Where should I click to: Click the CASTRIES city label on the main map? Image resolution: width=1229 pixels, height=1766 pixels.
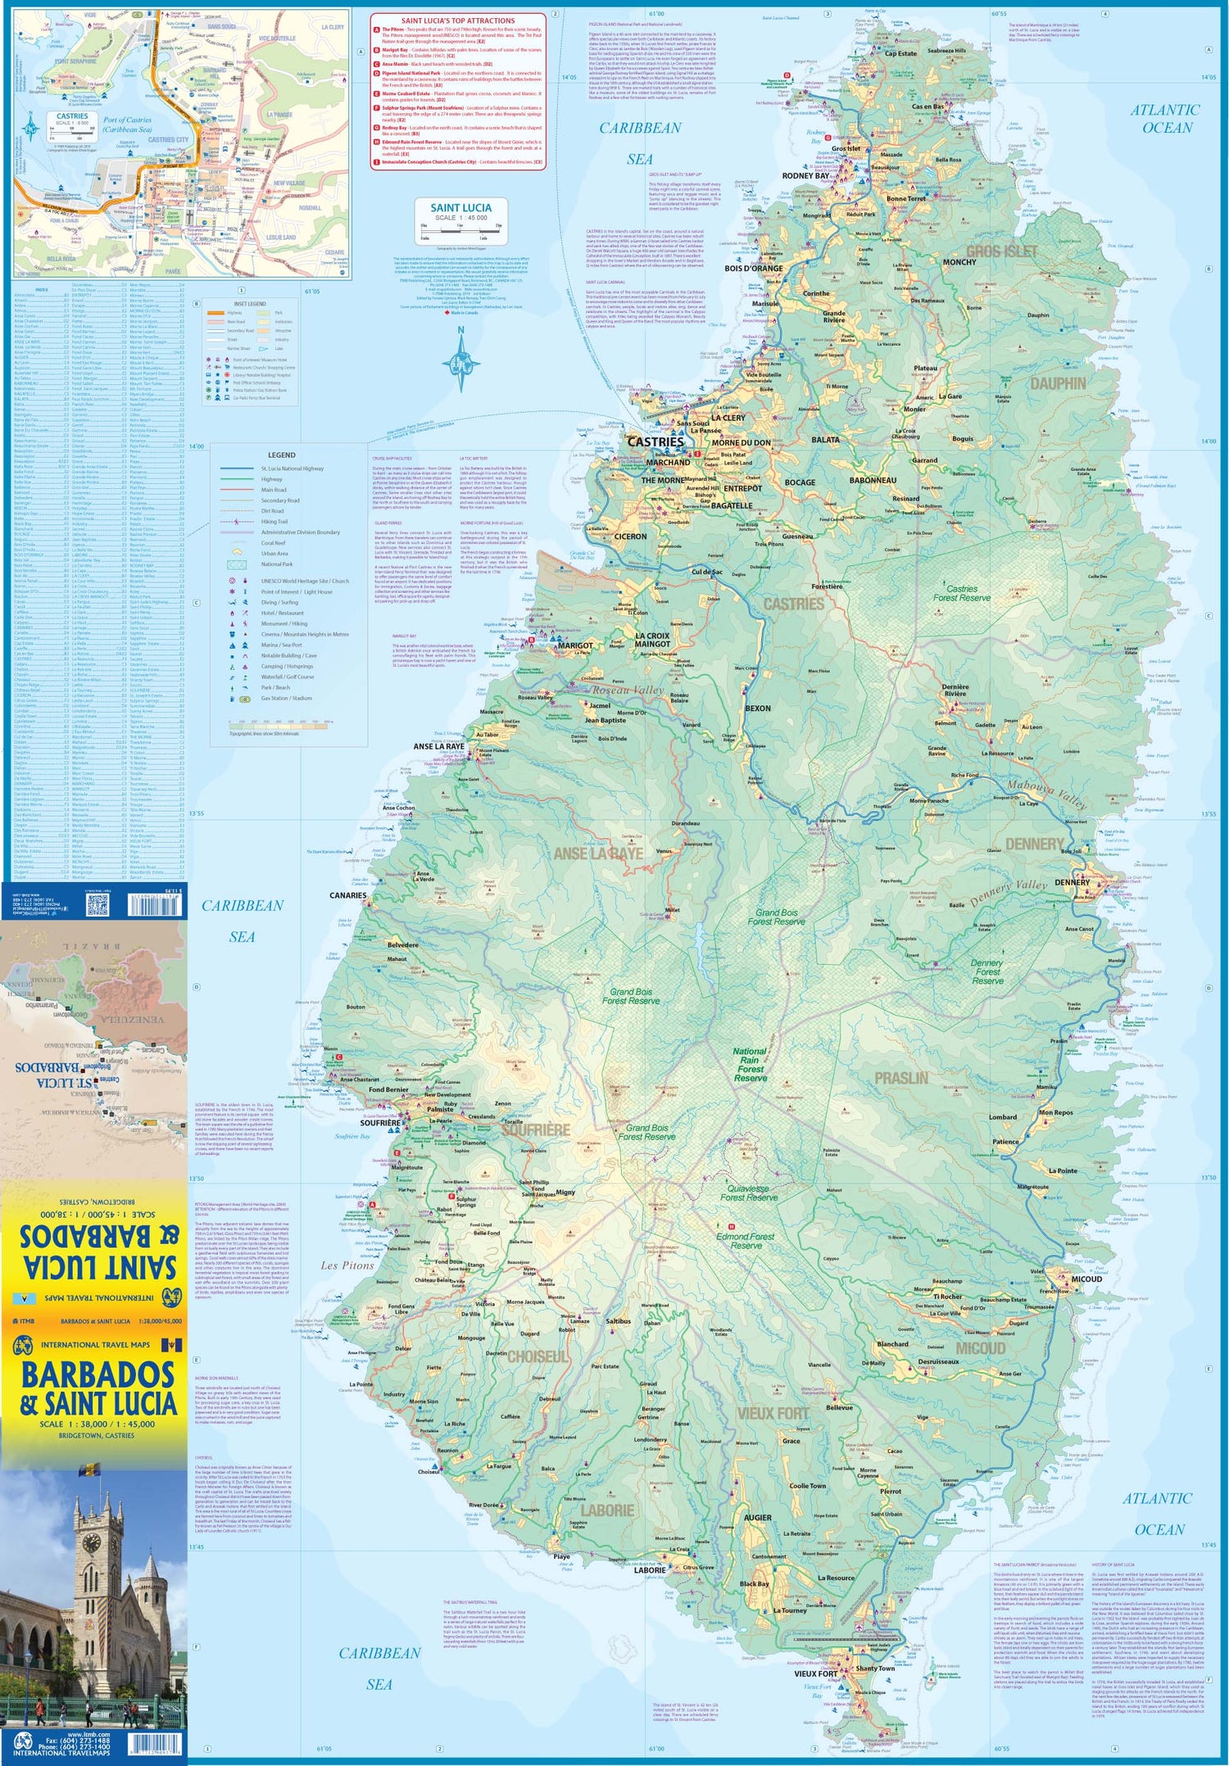(655, 441)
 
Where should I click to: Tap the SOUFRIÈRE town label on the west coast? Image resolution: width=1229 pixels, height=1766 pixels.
(379, 1123)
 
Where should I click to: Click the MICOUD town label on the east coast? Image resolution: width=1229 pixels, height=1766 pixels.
(1087, 1279)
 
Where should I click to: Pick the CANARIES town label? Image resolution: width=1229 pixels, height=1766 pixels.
(347, 895)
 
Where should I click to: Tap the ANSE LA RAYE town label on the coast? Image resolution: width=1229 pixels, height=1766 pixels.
(438, 746)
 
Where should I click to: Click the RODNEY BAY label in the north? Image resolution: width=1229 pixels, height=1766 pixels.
(805, 176)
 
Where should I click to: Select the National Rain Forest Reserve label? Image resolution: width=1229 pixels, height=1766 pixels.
(750, 1064)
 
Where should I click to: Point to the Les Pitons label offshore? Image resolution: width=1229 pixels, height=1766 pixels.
(347, 1266)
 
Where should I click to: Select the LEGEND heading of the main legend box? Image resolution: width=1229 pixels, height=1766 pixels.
(281, 455)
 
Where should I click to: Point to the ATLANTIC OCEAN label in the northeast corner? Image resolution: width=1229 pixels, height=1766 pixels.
(1167, 119)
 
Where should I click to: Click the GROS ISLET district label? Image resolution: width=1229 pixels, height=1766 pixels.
(1001, 251)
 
